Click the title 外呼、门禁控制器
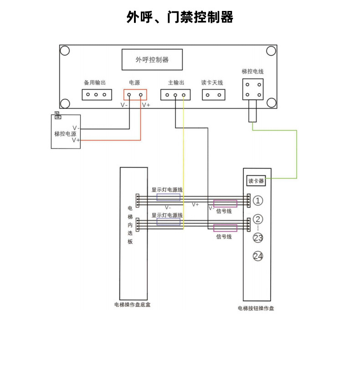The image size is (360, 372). [x=180, y=17]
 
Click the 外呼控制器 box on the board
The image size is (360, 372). [x=152, y=60]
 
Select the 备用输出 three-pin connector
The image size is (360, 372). [x=97, y=95]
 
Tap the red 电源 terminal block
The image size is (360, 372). [x=135, y=95]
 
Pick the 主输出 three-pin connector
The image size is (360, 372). [x=175, y=95]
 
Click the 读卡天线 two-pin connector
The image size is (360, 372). [x=213, y=95]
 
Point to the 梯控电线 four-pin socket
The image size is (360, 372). [x=253, y=89]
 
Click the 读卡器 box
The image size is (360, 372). [x=256, y=181]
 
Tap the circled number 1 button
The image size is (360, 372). [x=258, y=201]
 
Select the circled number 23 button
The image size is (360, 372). [x=258, y=238]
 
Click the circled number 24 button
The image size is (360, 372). [x=258, y=256]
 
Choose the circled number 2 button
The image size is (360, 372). [x=258, y=219]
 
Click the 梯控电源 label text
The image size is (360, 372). [x=65, y=134]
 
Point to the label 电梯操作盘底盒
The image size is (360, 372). [x=132, y=305]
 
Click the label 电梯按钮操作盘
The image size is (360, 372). [x=256, y=308]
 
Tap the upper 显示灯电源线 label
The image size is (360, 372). [x=167, y=190]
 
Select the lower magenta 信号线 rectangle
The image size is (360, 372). [x=225, y=228]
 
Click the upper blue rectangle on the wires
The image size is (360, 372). [x=168, y=197]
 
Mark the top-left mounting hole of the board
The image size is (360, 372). [x=65, y=51]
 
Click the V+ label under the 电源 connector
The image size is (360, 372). [x=146, y=105]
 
